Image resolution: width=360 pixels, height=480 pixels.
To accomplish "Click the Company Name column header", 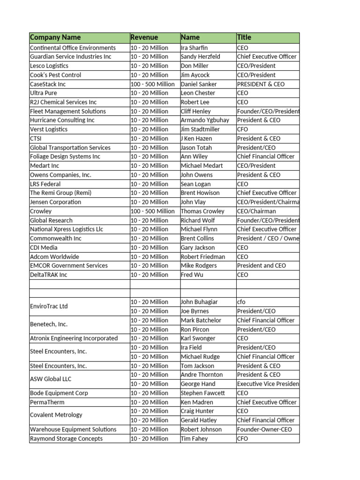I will (55, 37).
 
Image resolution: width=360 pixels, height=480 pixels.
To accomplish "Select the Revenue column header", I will (144, 37).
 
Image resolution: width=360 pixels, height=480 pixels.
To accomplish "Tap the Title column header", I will (244, 37).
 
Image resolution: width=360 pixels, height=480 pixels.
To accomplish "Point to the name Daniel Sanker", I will (199, 84).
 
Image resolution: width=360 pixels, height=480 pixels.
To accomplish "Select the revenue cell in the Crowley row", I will (152, 211).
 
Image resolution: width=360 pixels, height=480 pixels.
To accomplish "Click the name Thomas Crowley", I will (202, 211).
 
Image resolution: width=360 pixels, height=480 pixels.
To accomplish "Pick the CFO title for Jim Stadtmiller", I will (243, 129).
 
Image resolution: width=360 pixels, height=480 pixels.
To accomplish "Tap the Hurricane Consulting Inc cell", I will (62, 120).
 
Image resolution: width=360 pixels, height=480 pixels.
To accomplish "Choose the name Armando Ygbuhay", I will (205, 120).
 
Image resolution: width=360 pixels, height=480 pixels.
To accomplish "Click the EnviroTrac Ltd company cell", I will (49, 307).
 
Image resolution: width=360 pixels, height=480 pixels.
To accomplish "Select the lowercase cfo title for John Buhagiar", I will (241, 302).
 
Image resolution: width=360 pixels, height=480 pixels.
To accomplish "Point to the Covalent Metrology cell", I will (56, 415).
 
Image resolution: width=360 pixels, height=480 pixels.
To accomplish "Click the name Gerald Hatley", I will (199, 420).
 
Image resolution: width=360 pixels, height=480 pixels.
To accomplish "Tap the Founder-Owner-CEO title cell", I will (264, 429).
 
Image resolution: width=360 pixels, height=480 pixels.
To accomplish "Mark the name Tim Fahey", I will (194, 439).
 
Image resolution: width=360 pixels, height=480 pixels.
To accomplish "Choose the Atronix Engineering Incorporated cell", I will (74, 338).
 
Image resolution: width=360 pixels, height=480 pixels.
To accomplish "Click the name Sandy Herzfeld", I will (201, 57).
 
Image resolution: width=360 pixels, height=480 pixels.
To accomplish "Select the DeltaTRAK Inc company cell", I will (49, 275).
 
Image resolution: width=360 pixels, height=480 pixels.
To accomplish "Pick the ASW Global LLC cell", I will (51, 379).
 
